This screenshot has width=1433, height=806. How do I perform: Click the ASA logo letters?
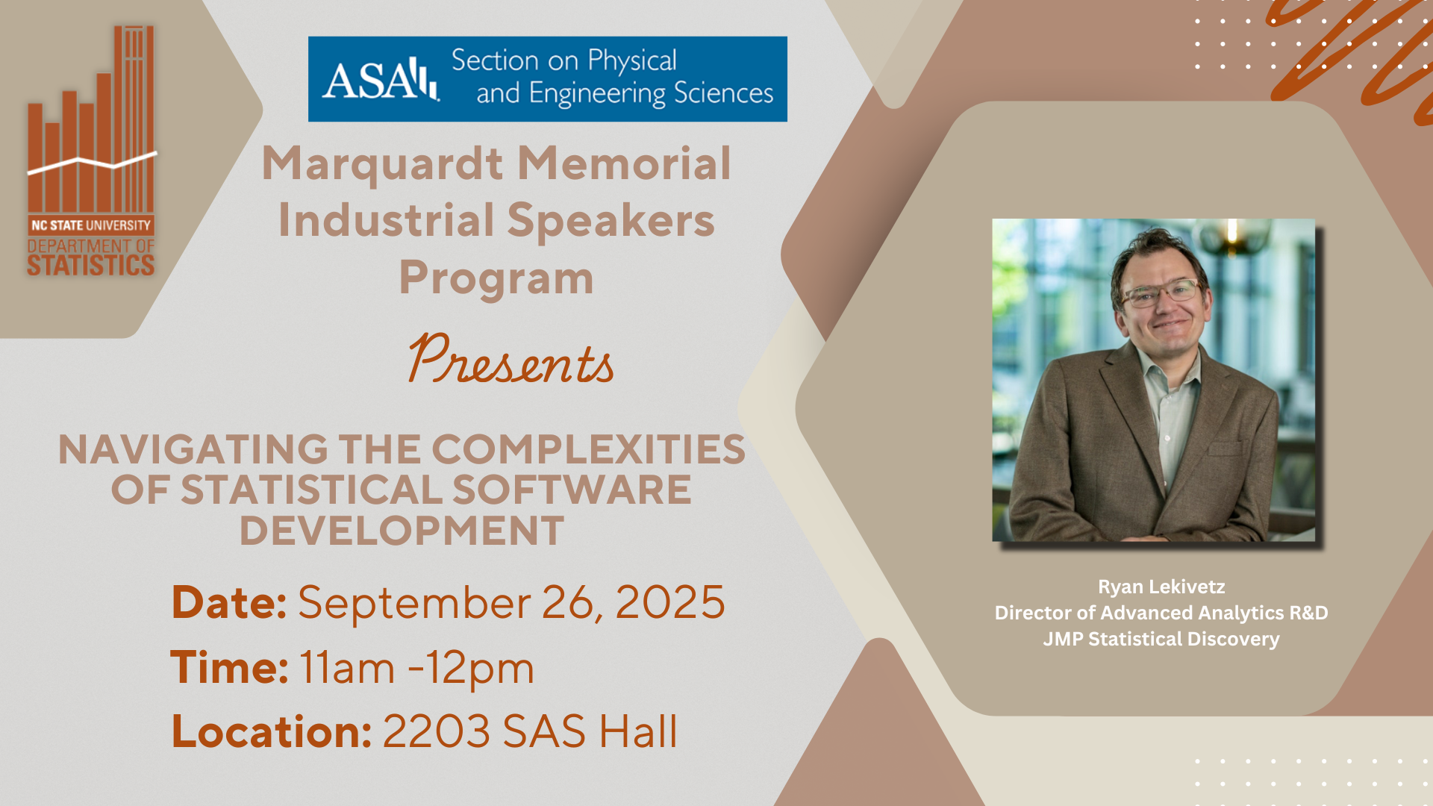tap(381, 80)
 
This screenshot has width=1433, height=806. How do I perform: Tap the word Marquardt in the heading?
tap(382, 165)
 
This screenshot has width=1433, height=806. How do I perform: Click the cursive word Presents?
tap(511, 360)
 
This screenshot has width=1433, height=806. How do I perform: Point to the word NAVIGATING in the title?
tap(193, 449)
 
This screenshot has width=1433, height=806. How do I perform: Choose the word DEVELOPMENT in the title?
tap(402, 531)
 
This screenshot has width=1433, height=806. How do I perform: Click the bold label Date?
tap(229, 602)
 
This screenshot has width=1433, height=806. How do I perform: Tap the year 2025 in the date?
tap(669, 602)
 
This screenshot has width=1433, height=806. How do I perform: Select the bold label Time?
tap(229, 667)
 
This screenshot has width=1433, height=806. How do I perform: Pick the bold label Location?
tap(272, 731)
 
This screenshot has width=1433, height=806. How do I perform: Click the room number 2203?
tap(437, 731)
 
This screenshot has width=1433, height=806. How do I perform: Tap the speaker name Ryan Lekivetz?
tap(1161, 587)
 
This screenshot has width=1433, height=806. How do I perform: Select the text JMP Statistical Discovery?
tap(1161, 640)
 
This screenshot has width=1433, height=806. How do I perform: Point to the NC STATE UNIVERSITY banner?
tap(91, 225)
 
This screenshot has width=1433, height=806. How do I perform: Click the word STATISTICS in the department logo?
tap(91, 265)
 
